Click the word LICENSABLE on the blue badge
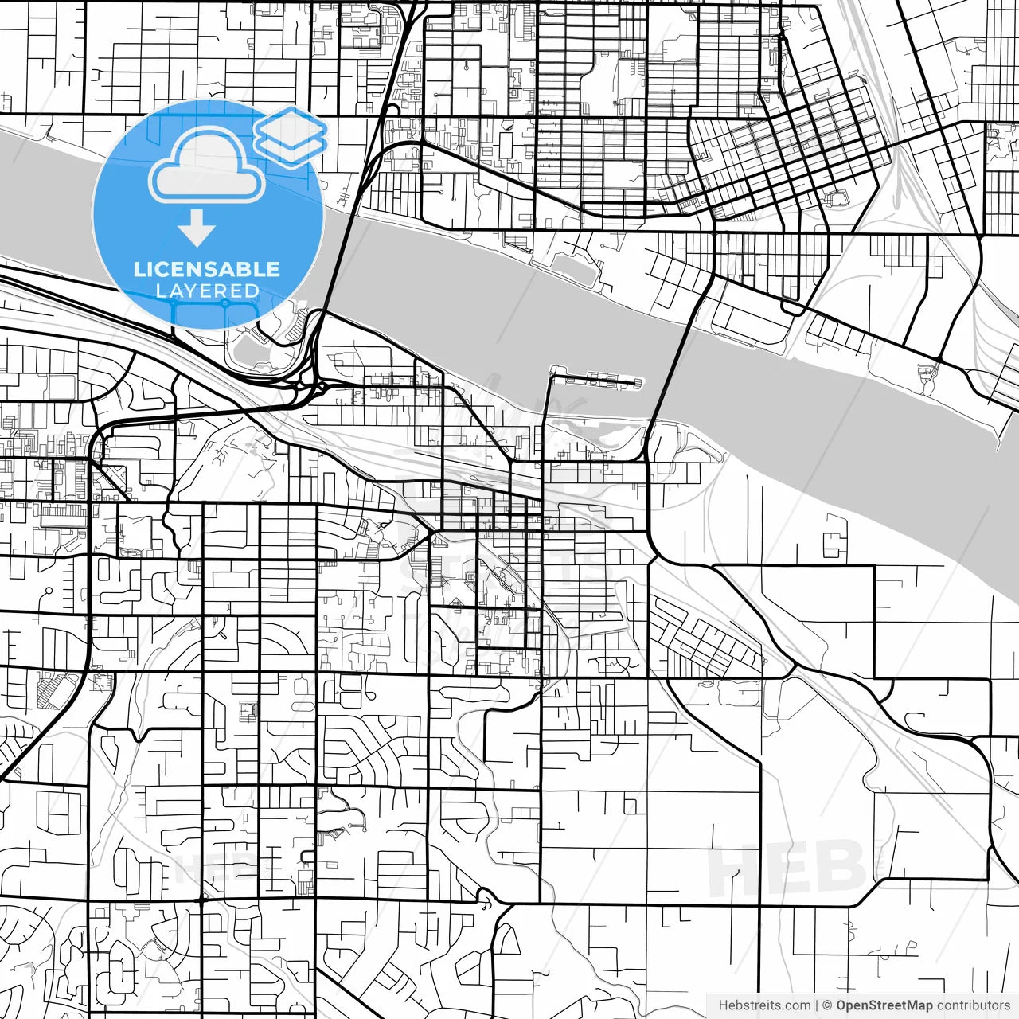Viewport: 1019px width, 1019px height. tap(207, 269)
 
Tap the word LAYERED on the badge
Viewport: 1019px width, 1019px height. tap(207, 291)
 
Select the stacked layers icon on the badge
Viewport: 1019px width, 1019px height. tap(291, 135)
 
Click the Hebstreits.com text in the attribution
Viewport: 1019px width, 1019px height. tap(764, 1005)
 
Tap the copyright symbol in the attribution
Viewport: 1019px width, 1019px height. tap(827, 1005)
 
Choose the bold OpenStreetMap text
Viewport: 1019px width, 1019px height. tap(884, 1005)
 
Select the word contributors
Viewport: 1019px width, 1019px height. tap(973, 1005)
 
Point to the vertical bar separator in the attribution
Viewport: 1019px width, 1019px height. tap(817, 1005)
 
